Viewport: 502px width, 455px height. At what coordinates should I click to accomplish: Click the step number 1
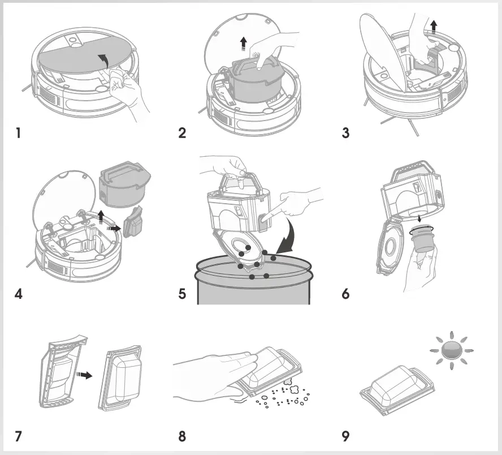(19, 134)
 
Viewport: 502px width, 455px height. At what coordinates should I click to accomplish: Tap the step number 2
(182, 134)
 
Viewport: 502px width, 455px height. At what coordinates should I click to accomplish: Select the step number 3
(345, 134)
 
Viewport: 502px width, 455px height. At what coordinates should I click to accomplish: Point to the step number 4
(19, 295)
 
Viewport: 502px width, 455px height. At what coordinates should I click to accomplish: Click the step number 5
(182, 295)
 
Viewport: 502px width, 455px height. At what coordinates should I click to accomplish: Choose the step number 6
(345, 295)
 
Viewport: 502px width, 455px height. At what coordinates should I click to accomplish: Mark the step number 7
(19, 436)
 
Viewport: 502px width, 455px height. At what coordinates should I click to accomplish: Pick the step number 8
(182, 436)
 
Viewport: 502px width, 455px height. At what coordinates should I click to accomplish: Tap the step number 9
(345, 436)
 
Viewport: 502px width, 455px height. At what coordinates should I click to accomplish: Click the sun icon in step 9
(452, 351)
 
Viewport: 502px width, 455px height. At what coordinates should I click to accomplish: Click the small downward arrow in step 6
(419, 218)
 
